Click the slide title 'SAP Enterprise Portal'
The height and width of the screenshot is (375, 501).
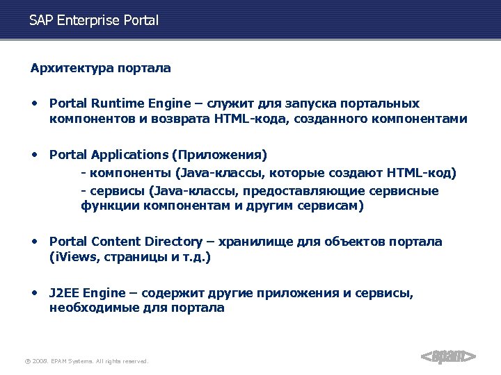[94, 21]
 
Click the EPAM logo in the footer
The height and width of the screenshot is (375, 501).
[449, 356]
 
